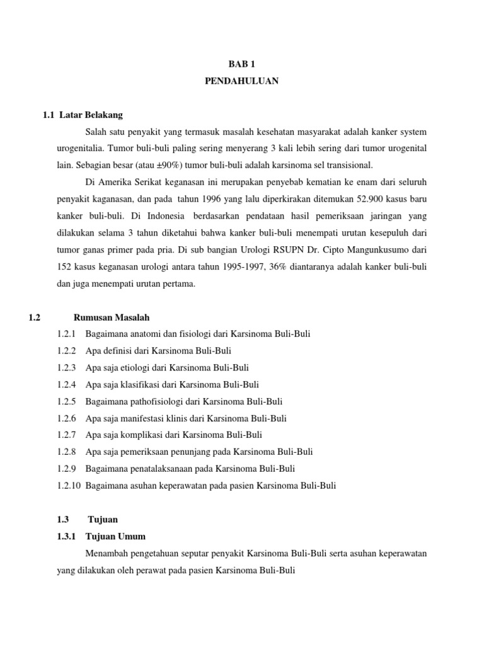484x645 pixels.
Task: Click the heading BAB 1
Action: tap(241, 64)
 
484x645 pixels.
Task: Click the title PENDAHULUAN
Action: tap(241, 81)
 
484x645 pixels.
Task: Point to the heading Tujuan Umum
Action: tap(116, 537)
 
